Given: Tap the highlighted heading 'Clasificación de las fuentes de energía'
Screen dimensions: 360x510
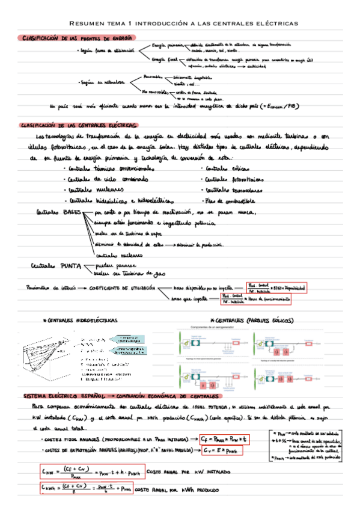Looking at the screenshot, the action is coord(76,38).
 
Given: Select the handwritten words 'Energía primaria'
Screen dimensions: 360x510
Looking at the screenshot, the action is coord(168,46).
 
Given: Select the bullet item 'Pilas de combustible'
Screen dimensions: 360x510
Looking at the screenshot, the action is coord(230,200).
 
